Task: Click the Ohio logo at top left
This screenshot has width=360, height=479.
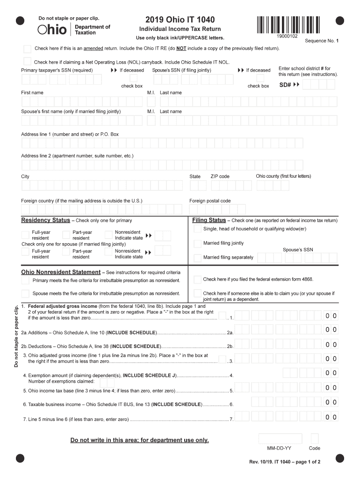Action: (x=52, y=30)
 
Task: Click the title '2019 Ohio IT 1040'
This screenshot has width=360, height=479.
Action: (x=180, y=20)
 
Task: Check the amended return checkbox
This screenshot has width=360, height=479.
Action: (x=28, y=49)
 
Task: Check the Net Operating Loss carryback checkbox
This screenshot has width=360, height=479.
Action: (x=28, y=62)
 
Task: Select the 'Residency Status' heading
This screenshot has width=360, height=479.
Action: (x=45, y=220)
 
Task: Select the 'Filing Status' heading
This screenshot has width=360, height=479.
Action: (x=209, y=220)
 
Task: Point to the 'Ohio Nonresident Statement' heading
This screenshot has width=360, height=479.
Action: (x=61, y=272)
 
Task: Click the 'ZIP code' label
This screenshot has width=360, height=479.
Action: (x=220, y=176)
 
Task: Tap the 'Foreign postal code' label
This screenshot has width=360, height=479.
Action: (x=210, y=201)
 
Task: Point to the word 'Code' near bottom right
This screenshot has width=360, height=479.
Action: (x=315, y=448)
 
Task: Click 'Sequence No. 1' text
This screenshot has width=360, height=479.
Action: (x=322, y=41)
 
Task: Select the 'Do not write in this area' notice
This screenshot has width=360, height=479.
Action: (x=139, y=440)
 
